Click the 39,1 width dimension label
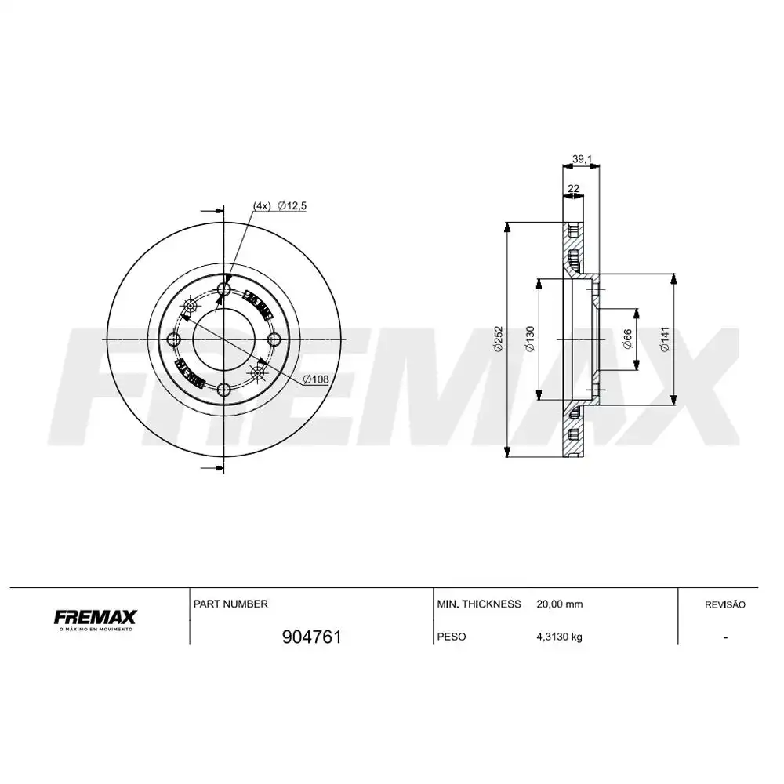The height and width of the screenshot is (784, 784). (581, 159)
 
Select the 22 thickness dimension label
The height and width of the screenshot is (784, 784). (573, 188)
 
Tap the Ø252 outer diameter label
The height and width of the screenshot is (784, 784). (498, 339)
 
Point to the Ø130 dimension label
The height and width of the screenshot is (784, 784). (529, 339)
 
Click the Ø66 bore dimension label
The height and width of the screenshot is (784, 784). (627, 339)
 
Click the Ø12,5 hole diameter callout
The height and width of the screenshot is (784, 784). (291, 205)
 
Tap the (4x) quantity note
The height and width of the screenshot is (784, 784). (261, 205)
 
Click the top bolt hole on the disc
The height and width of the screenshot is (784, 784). (224, 290)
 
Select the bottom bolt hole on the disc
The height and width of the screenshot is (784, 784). (224, 389)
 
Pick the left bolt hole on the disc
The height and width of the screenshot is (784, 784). (174, 339)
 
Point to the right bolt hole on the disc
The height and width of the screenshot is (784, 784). (274, 339)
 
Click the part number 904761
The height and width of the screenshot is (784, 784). (310, 637)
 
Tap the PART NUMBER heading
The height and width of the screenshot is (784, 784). (230, 604)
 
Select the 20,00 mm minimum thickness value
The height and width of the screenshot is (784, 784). (559, 604)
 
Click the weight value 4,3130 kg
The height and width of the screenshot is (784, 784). (559, 637)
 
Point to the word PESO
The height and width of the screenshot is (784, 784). (451, 637)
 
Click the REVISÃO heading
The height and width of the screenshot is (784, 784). (725, 604)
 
